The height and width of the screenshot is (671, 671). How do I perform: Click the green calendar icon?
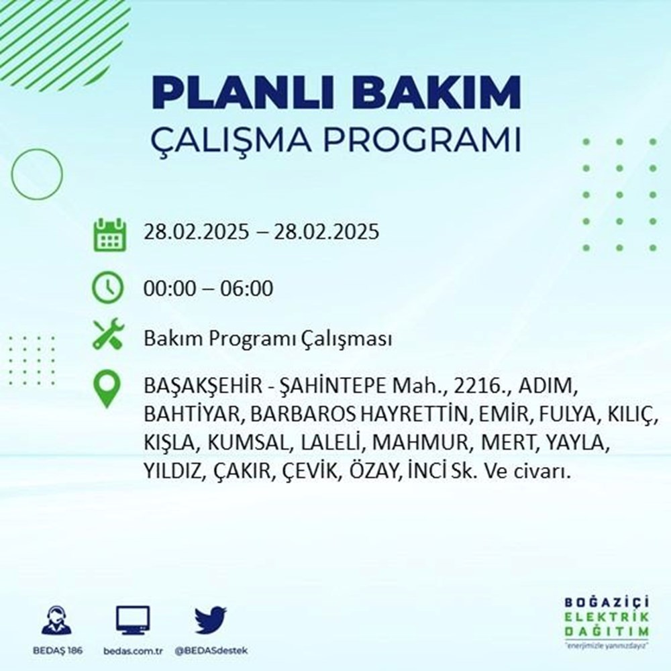click(x=108, y=234)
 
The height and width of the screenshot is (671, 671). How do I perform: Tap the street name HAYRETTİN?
click(x=415, y=415)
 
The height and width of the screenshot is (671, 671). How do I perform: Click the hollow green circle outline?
click(x=37, y=174)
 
